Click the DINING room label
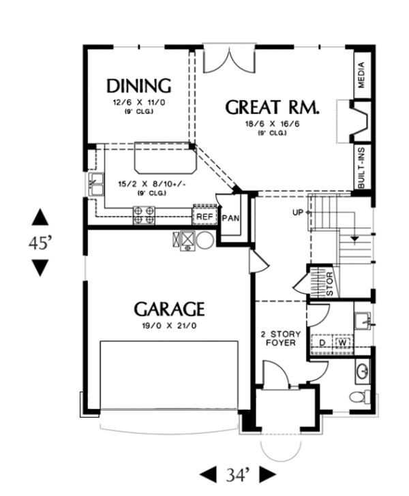pyautogui.click(x=138, y=86)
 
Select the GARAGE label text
pyautogui.click(x=169, y=309)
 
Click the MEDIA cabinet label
pyautogui.click(x=361, y=76)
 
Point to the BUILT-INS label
pyautogui.click(x=361, y=166)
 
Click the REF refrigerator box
pyautogui.click(x=204, y=217)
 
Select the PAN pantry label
pyautogui.click(x=230, y=218)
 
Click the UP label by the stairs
pyautogui.click(x=297, y=213)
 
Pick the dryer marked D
pyautogui.click(x=323, y=343)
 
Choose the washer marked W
pyautogui.click(x=342, y=343)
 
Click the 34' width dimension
pyautogui.click(x=239, y=474)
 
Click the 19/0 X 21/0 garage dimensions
pyautogui.click(x=168, y=326)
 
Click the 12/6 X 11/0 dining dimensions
pyautogui.click(x=138, y=102)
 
